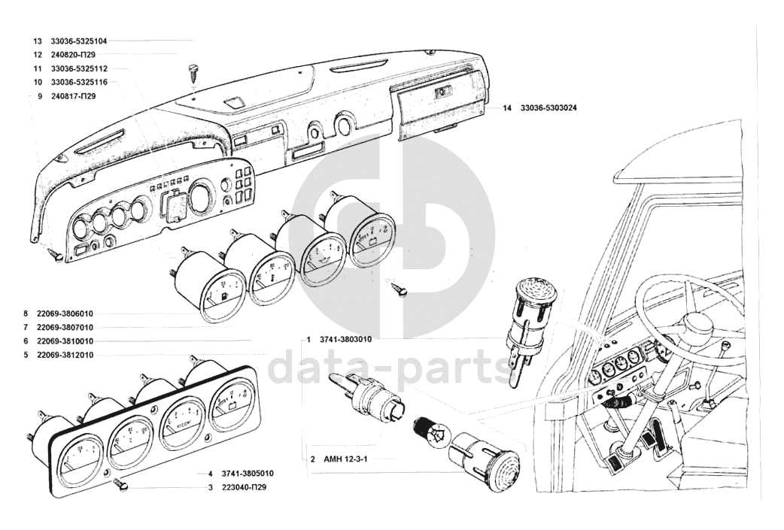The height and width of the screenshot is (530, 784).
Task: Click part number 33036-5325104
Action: [79, 41]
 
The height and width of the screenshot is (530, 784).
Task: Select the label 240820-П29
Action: [73, 55]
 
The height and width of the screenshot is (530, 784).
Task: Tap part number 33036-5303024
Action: [548, 109]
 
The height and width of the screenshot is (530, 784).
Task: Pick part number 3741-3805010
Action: [248, 474]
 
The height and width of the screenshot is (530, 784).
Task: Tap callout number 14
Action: [507, 109]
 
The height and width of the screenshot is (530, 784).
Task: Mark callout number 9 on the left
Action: [38, 96]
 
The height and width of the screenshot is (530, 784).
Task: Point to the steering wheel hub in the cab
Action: [697, 324]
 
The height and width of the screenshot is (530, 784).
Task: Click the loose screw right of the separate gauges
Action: [402, 289]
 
